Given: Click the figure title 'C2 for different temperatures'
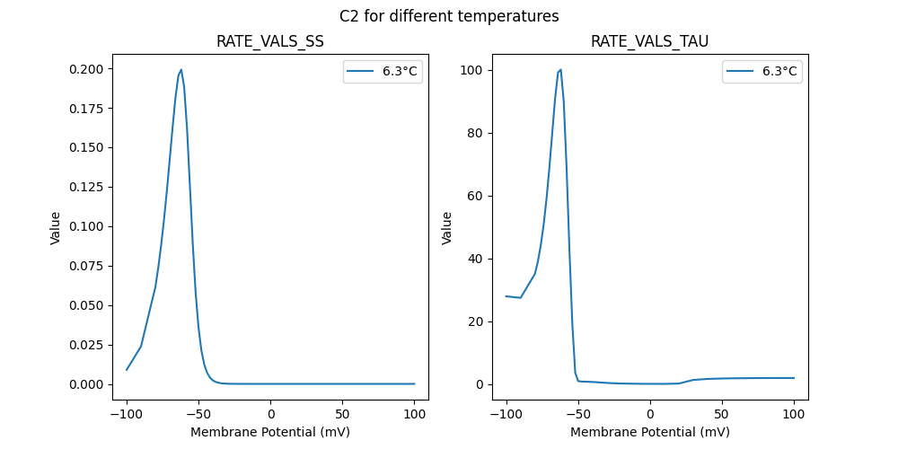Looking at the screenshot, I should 449,16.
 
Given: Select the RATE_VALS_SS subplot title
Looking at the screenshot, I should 269,41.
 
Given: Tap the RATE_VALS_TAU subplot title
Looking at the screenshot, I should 649,41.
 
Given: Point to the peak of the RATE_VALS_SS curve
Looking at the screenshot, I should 181,69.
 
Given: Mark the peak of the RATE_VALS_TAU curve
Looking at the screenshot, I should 561,69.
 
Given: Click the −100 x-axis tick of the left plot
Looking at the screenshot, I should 127,414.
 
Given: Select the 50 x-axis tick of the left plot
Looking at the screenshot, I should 343,414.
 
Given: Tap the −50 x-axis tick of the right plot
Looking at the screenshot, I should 578,414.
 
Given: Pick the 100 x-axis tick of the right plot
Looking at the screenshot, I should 794,414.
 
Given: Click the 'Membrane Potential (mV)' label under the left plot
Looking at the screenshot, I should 270,432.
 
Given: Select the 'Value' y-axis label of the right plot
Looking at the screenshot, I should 446,228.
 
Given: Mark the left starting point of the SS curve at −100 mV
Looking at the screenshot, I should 127,370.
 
